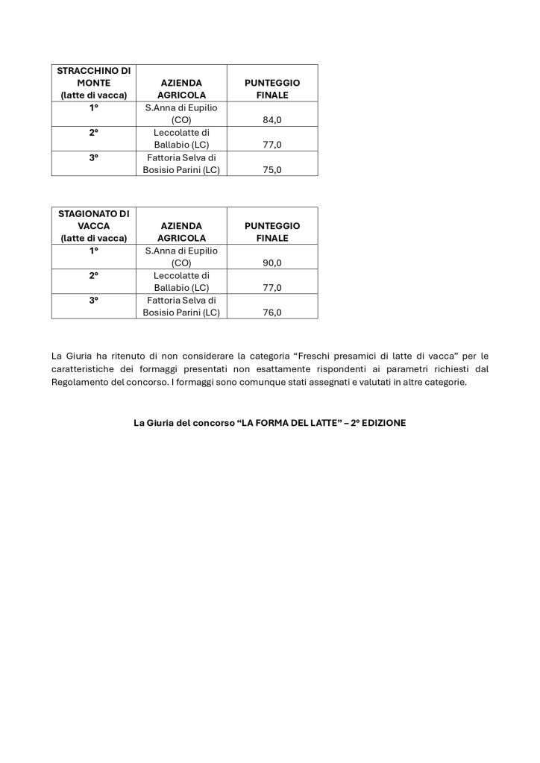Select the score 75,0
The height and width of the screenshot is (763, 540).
pos(271,170)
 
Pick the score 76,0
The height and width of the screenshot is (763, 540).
pos(271,313)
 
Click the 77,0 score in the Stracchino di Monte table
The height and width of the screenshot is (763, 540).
pos(271,145)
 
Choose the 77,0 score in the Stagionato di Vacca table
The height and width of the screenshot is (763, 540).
pos(271,288)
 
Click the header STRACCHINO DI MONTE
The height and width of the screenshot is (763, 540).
pos(94,83)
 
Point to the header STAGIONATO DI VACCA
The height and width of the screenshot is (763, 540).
pos(94,225)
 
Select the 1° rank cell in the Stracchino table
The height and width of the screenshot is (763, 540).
pos(94,107)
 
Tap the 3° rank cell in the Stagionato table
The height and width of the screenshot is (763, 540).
pos(94,300)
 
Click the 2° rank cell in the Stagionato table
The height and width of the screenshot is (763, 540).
pos(94,275)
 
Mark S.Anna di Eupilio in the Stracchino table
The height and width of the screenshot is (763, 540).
pos(181,113)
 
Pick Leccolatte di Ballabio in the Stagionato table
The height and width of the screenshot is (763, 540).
pos(181,281)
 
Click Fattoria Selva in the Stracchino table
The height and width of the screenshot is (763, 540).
pos(181,163)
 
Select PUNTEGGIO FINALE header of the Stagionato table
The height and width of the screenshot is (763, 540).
pos(271,231)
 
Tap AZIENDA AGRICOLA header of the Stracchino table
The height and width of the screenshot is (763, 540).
pos(181,89)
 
